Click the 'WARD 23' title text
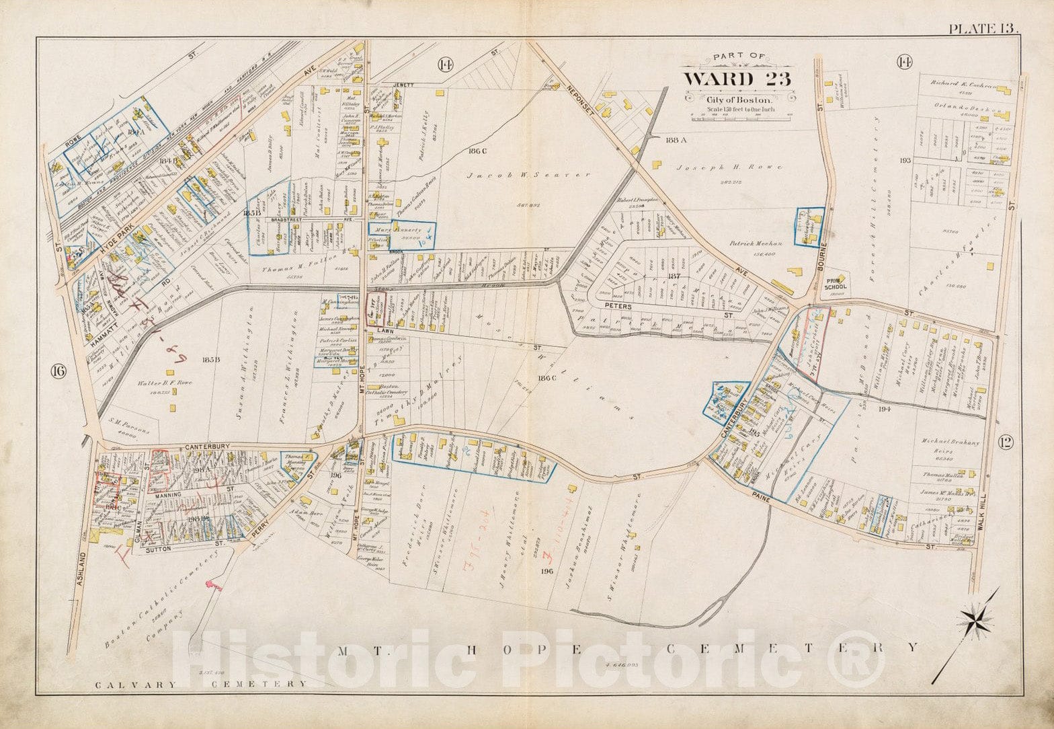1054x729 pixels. tap(737, 79)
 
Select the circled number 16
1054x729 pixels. tap(58, 371)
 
